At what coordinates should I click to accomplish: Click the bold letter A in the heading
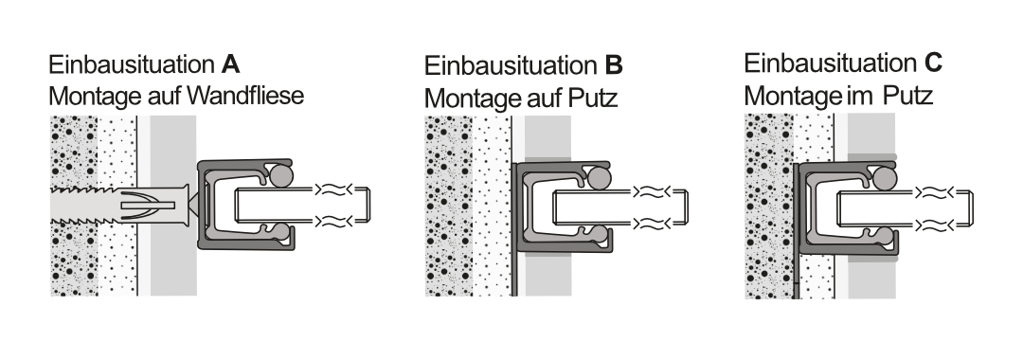230,66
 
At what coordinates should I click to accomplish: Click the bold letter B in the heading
614,66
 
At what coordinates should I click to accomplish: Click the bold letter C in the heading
932,63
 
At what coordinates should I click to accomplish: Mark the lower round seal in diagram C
884,235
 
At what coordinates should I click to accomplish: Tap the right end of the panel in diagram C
972,209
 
